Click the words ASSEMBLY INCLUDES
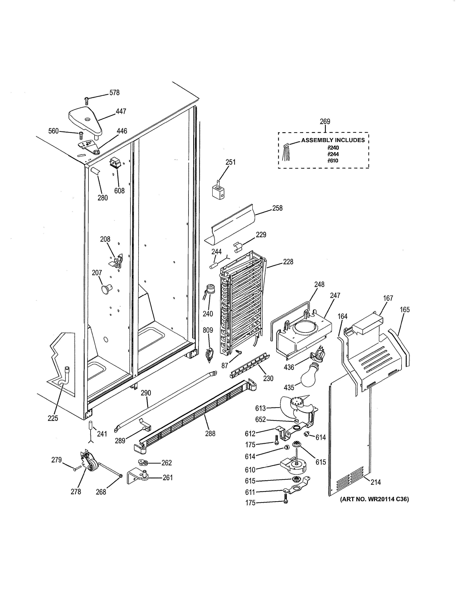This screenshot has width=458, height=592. [x=333, y=140]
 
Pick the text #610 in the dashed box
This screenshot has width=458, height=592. [x=333, y=161]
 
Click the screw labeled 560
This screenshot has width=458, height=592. [x=81, y=134]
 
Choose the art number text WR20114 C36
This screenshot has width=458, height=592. [x=374, y=499]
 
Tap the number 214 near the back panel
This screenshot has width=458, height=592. [x=376, y=482]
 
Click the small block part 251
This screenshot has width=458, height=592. [x=218, y=191]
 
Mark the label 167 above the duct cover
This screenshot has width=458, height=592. [x=388, y=298]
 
